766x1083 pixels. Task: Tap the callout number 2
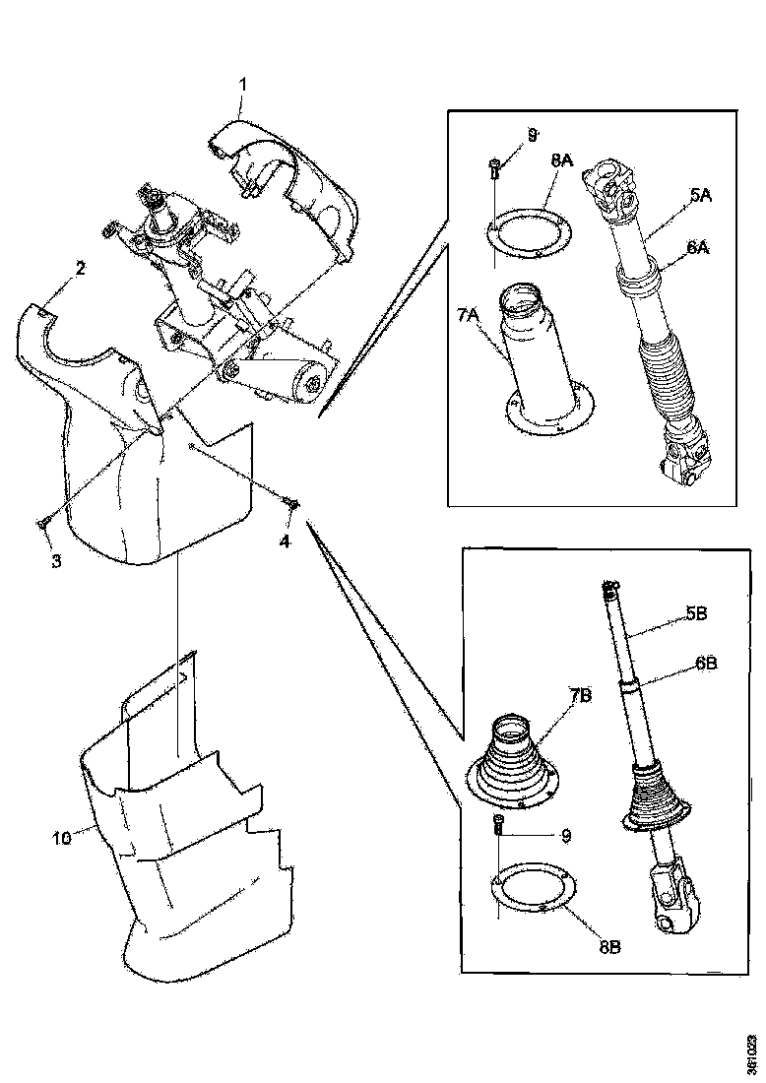click(80, 268)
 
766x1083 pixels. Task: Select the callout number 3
click(56, 560)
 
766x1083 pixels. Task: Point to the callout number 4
click(287, 541)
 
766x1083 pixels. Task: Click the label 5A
click(700, 196)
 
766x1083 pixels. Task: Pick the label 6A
click(698, 250)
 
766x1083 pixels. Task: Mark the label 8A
click(562, 159)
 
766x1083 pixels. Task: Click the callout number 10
click(62, 838)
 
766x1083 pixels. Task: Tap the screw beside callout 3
click(44, 520)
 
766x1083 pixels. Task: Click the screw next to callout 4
click(292, 504)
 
